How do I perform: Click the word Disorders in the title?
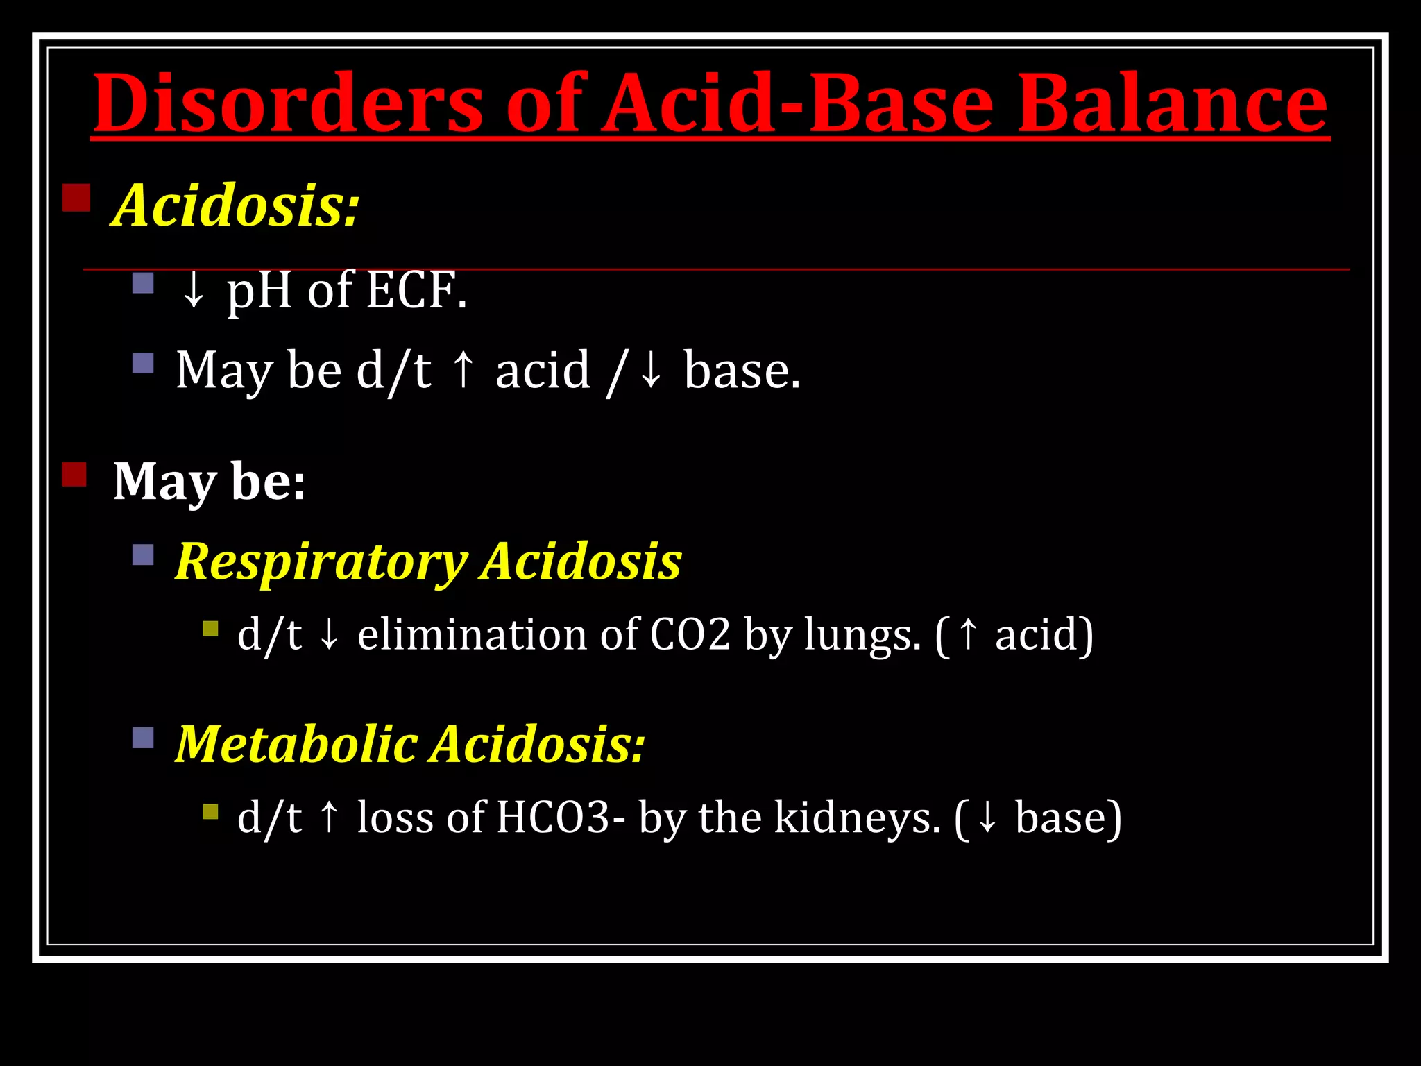[x=287, y=104]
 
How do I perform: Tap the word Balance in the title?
[x=1172, y=104]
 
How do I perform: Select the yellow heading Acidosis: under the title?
[x=236, y=205]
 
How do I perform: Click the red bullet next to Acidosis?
[x=76, y=197]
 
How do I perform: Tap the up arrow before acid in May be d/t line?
[x=463, y=370]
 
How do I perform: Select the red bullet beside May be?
[x=74, y=475]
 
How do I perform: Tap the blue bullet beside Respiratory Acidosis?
[x=143, y=555]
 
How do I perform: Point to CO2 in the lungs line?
[x=690, y=634]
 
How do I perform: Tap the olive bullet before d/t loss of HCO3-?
[x=210, y=811]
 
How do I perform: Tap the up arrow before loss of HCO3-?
[x=330, y=817]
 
